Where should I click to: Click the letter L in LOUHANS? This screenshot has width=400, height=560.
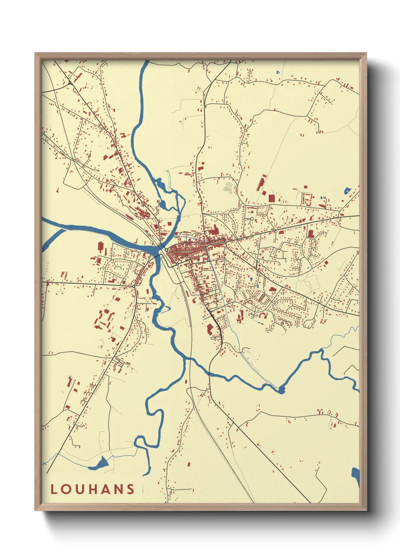(54, 489)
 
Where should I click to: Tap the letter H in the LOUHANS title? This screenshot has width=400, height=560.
(93, 489)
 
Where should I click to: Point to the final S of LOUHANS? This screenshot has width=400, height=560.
(130, 489)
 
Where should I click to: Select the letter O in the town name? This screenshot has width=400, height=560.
(66, 489)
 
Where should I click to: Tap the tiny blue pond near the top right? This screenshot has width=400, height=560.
(278, 72)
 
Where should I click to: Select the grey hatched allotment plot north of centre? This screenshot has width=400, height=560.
(228, 187)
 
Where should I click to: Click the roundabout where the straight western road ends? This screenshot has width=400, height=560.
(134, 286)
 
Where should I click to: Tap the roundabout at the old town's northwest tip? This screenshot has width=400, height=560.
(166, 250)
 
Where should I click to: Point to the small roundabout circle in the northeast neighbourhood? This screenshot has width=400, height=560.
(251, 219)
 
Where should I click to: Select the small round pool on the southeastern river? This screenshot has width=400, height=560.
(281, 390)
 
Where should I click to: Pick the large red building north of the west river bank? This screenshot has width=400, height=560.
(100, 247)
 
